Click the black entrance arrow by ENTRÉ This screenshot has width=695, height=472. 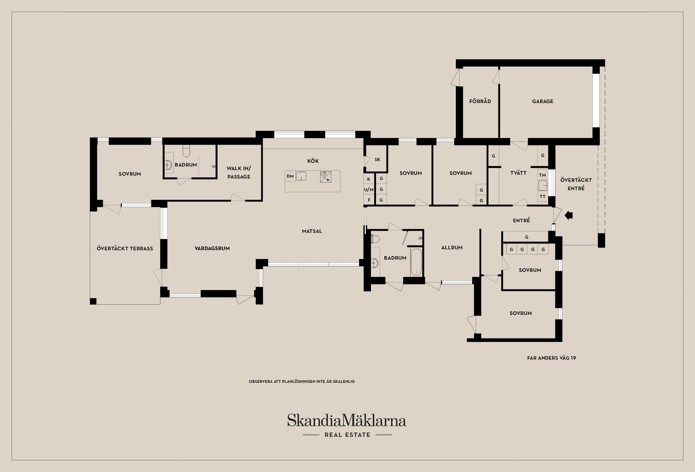[569, 216]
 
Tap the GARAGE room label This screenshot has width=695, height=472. [543, 102]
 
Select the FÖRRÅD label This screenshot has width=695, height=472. [480, 102]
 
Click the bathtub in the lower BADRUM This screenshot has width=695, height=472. [416, 262]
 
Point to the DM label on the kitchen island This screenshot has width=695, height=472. [290, 177]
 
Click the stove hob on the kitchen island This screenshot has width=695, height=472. [325, 177]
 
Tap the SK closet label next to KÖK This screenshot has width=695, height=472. [377, 160]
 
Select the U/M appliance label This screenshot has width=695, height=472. [368, 190]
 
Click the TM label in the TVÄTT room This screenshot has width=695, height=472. [542, 175]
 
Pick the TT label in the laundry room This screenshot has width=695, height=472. [542, 197]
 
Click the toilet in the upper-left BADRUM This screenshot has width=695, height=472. [186, 151]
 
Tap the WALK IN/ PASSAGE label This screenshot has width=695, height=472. [239, 173]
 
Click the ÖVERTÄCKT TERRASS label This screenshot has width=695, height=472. [125, 249]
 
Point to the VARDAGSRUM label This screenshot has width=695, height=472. [212, 249]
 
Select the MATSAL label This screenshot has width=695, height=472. [312, 231]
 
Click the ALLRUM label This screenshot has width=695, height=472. [452, 248]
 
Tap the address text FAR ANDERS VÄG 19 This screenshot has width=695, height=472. [551, 358]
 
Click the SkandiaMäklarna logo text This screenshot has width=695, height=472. [347, 421]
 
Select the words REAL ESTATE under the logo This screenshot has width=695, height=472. [347, 435]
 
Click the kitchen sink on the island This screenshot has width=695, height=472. [301, 176]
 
